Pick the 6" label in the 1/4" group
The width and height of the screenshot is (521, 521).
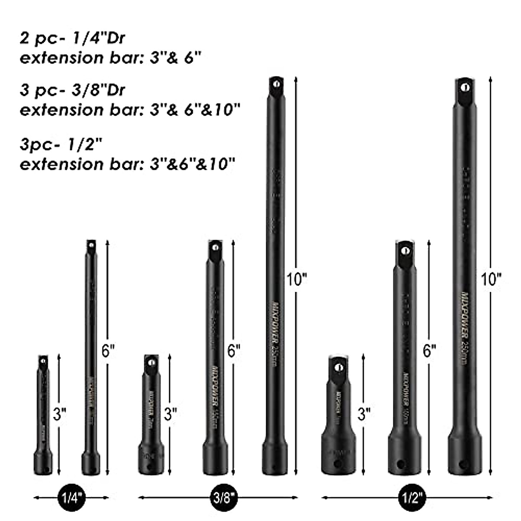click(x=108, y=350)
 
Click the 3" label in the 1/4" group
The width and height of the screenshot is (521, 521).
click(x=59, y=413)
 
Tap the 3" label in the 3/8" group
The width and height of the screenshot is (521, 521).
click(x=170, y=413)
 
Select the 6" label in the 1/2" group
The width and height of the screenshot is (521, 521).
click(x=430, y=350)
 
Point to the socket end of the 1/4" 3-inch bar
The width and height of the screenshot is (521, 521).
click(x=43, y=462)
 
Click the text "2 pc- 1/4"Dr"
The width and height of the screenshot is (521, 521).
click(x=73, y=38)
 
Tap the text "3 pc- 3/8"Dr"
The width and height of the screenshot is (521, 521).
click(x=73, y=90)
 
